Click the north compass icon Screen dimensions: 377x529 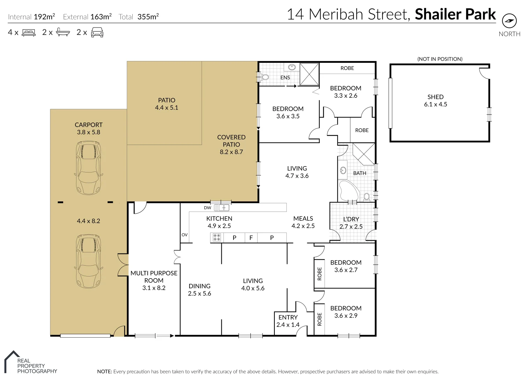[509, 21]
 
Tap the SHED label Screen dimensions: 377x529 [435, 97]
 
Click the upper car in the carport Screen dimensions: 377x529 [89, 168]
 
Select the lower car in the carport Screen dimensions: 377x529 [89, 261]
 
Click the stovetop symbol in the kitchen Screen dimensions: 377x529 [216, 238]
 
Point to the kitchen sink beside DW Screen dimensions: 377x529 [222, 208]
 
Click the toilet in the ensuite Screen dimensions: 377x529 [265, 77]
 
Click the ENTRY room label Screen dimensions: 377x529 [288, 317]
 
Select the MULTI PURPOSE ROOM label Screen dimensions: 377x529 [154, 277]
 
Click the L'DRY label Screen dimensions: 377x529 [351, 219]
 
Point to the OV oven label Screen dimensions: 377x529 [184, 235]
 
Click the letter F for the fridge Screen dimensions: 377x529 [251, 238]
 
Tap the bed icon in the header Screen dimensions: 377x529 [29, 33]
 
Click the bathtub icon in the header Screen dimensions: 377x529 [63, 32]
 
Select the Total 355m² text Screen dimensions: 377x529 [139, 17]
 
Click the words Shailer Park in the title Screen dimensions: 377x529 [455, 15]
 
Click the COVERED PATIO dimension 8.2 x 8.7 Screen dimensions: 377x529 [231, 152]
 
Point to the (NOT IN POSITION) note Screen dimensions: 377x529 [440, 59]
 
